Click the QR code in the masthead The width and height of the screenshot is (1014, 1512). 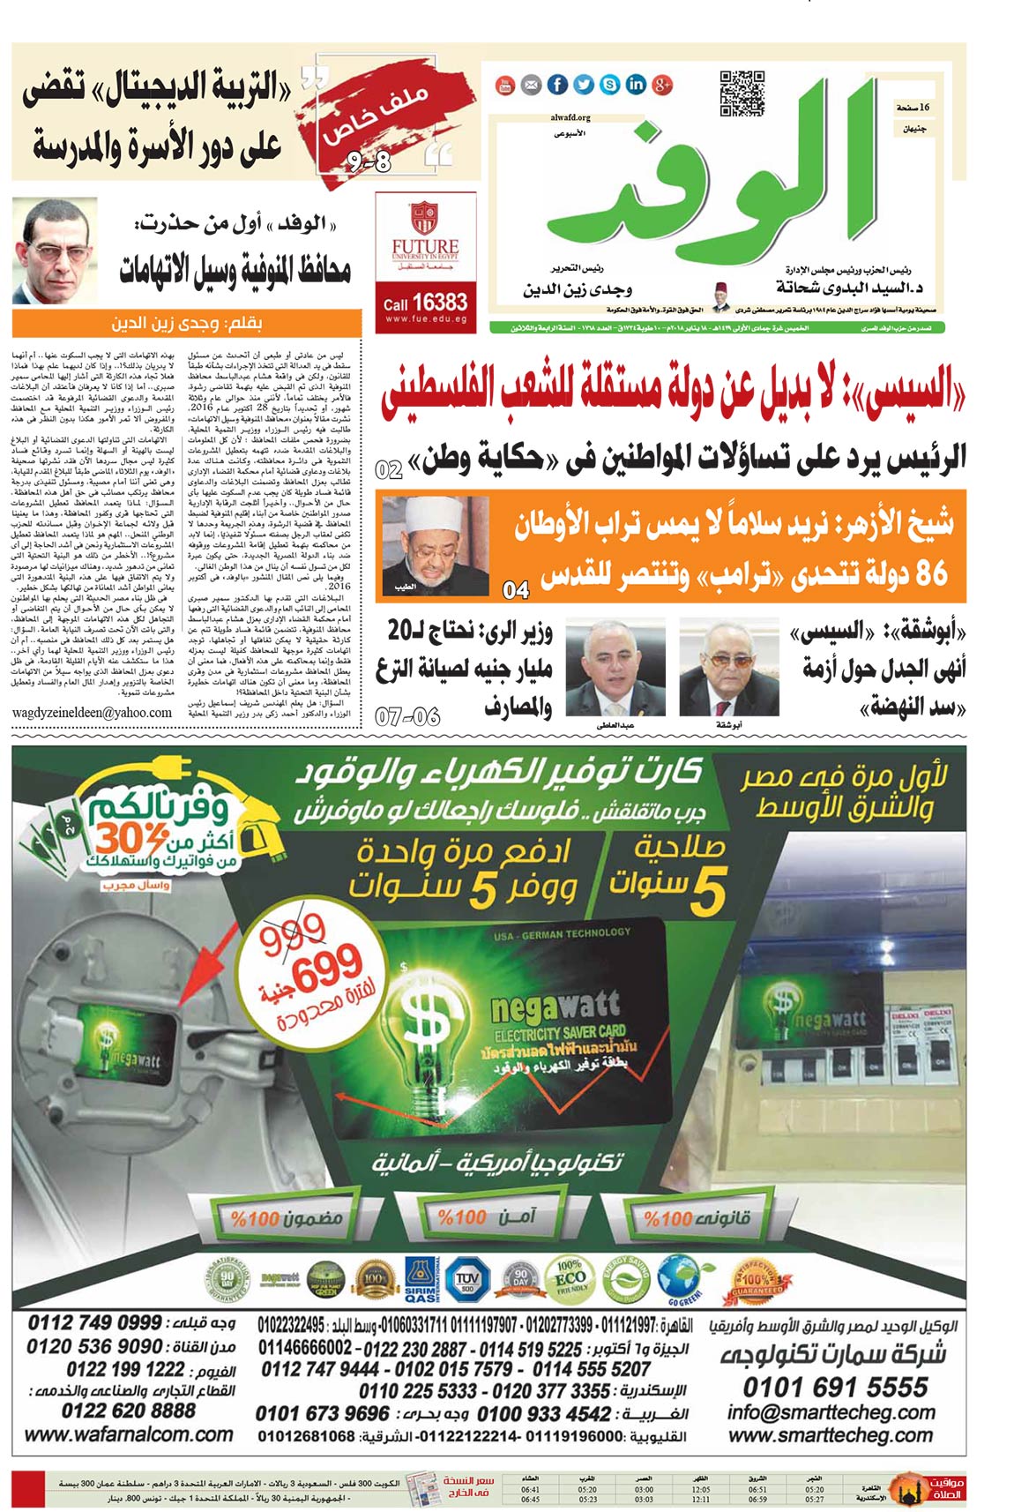click(x=742, y=93)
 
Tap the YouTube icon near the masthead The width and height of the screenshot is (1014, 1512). click(x=505, y=85)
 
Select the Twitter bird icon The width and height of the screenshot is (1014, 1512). click(x=584, y=85)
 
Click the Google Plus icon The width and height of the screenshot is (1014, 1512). click(x=663, y=85)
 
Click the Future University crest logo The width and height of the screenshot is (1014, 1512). click(x=425, y=218)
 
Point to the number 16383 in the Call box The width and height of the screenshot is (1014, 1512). click(x=438, y=302)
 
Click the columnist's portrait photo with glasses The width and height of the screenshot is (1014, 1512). click(x=55, y=251)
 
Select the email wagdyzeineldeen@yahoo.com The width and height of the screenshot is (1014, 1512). click(x=93, y=712)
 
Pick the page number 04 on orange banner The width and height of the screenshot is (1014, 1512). click(x=516, y=589)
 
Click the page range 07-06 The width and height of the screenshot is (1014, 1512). click(x=407, y=716)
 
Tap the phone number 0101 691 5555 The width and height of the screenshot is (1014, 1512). click(x=835, y=1388)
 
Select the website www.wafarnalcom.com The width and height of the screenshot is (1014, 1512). click(x=129, y=1434)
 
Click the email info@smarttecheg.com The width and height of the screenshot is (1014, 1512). click(x=831, y=1411)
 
